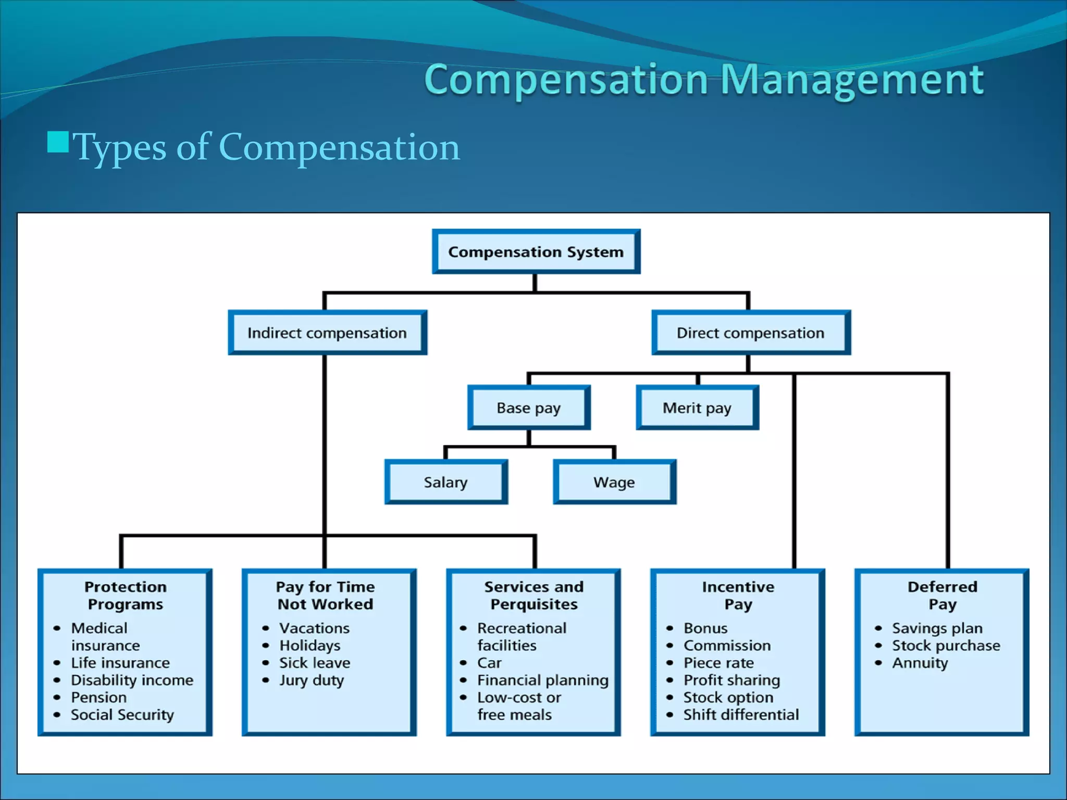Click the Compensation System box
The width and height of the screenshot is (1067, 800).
(x=536, y=252)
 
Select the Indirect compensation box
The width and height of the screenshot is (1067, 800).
(x=327, y=333)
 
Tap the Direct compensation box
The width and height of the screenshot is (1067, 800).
(x=751, y=333)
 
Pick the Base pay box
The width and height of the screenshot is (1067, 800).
(x=529, y=408)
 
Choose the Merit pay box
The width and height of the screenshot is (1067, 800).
(x=697, y=408)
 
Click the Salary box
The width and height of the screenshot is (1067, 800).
(x=446, y=482)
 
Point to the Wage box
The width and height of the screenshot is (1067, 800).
(x=614, y=482)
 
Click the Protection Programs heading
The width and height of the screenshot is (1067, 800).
(x=126, y=595)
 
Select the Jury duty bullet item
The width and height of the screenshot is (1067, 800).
(x=312, y=680)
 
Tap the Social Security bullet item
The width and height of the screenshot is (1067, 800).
(x=122, y=715)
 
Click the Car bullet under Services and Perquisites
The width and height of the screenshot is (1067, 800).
(x=489, y=663)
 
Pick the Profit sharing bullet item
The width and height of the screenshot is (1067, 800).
(x=731, y=680)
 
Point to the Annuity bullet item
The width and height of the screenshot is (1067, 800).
(x=920, y=663)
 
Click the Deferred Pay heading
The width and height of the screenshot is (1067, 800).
(x=942, y=595)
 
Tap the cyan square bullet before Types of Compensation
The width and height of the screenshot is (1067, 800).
(x=58, y=142)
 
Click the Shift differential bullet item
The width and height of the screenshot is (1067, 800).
(x=741, y=715)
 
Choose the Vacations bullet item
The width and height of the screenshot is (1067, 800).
(x=314, y=628)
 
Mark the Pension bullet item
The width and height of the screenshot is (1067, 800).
(x=99, y=697)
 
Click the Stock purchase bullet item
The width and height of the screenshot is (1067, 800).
(x=946, y=646)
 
